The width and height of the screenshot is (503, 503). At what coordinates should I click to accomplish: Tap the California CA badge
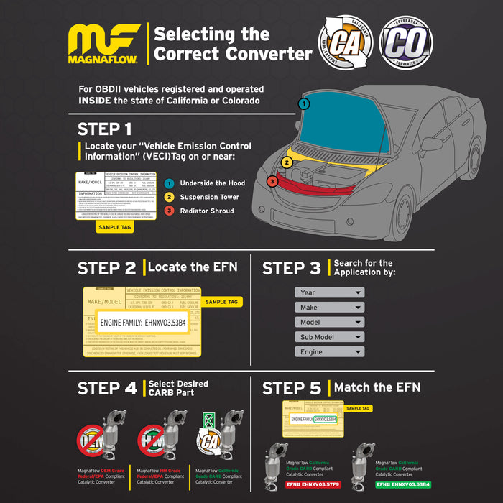[346, 43]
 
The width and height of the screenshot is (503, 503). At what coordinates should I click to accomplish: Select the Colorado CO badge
[407, 43]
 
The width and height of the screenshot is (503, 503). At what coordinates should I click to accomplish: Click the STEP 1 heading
[105, 130]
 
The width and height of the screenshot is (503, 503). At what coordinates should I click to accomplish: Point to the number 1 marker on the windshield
[305, 103]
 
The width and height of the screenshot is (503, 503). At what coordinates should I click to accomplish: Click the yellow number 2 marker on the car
[286, 162]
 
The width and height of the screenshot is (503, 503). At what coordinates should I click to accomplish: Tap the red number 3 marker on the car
[272, 181]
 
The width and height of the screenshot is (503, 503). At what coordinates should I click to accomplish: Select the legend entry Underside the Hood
[212, 183]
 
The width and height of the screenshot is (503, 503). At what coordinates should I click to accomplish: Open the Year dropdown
[329, 292]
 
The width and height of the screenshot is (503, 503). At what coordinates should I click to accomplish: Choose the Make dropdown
[329, 308]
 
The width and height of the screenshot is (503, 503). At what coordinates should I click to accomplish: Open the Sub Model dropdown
[329, 337]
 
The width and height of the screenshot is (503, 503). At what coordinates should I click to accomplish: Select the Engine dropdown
[329, 352]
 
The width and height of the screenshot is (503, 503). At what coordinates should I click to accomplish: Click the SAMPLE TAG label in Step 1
[115, 226]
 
